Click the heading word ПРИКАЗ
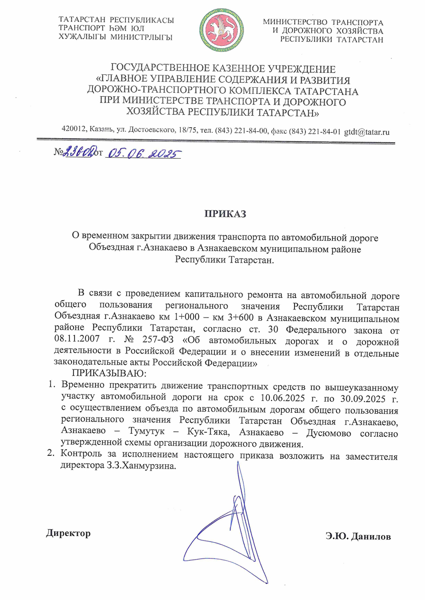tap(224, 215)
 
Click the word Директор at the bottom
tap(68, 534)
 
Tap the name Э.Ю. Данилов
tap(357, 537)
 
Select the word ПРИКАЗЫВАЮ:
tap(108, 373)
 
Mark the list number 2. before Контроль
tap(50, 454)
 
